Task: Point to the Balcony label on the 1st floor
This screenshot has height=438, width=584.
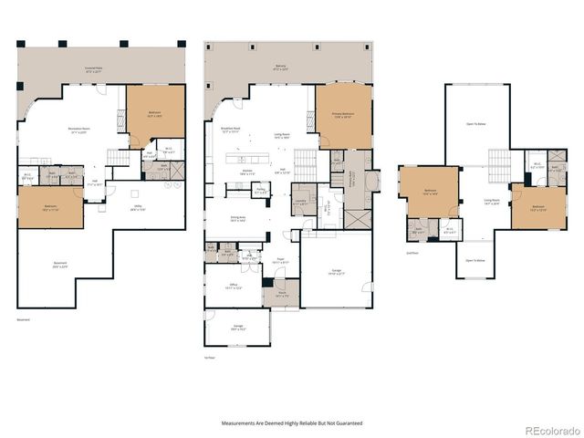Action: coord(280,67)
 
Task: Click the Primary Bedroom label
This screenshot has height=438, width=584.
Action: coord(343,115)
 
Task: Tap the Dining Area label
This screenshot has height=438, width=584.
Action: coord(239,218)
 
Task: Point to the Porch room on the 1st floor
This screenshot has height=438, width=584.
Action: coord(282,295)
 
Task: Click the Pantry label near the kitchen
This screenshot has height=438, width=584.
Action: coord(260,192)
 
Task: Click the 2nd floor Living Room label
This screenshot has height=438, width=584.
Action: coord(492,202)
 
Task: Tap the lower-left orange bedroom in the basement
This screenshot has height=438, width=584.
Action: coord(50,207)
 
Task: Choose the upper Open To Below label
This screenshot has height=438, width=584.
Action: coord(475,124)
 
